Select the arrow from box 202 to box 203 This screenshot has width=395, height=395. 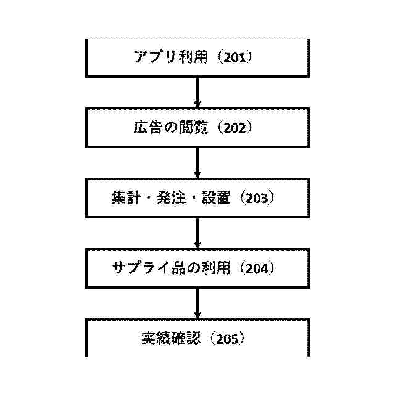pos(197,163)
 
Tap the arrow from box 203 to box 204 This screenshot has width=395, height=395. pos(197,233)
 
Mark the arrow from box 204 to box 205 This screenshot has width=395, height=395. pos(197,304)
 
